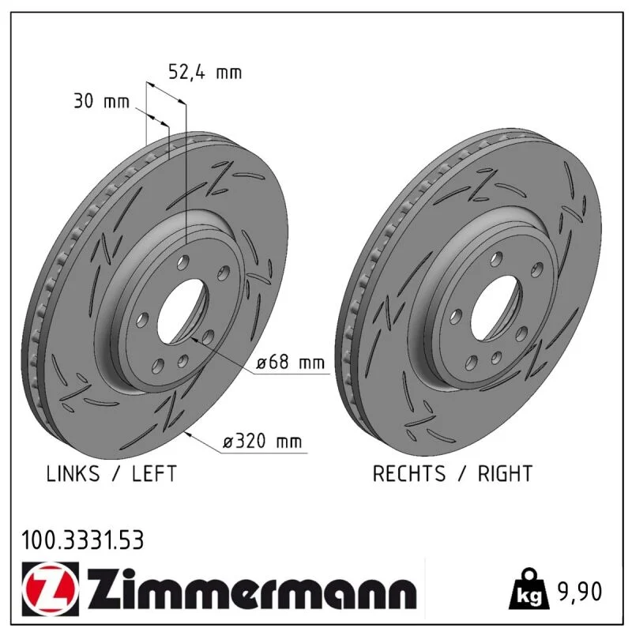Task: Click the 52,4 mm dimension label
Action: click(205, 72)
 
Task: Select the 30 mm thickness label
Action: click(102, 101)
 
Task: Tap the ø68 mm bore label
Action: click(290, 363)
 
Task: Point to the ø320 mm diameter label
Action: click(262, 442)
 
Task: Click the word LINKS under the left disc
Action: click(73, 473)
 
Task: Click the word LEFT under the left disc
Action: click(154, 473)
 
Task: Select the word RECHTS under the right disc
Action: click(408, 473)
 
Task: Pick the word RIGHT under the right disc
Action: click(505, 473)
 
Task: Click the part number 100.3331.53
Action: click(82, 540)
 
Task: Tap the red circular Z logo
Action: click(51, 589)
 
